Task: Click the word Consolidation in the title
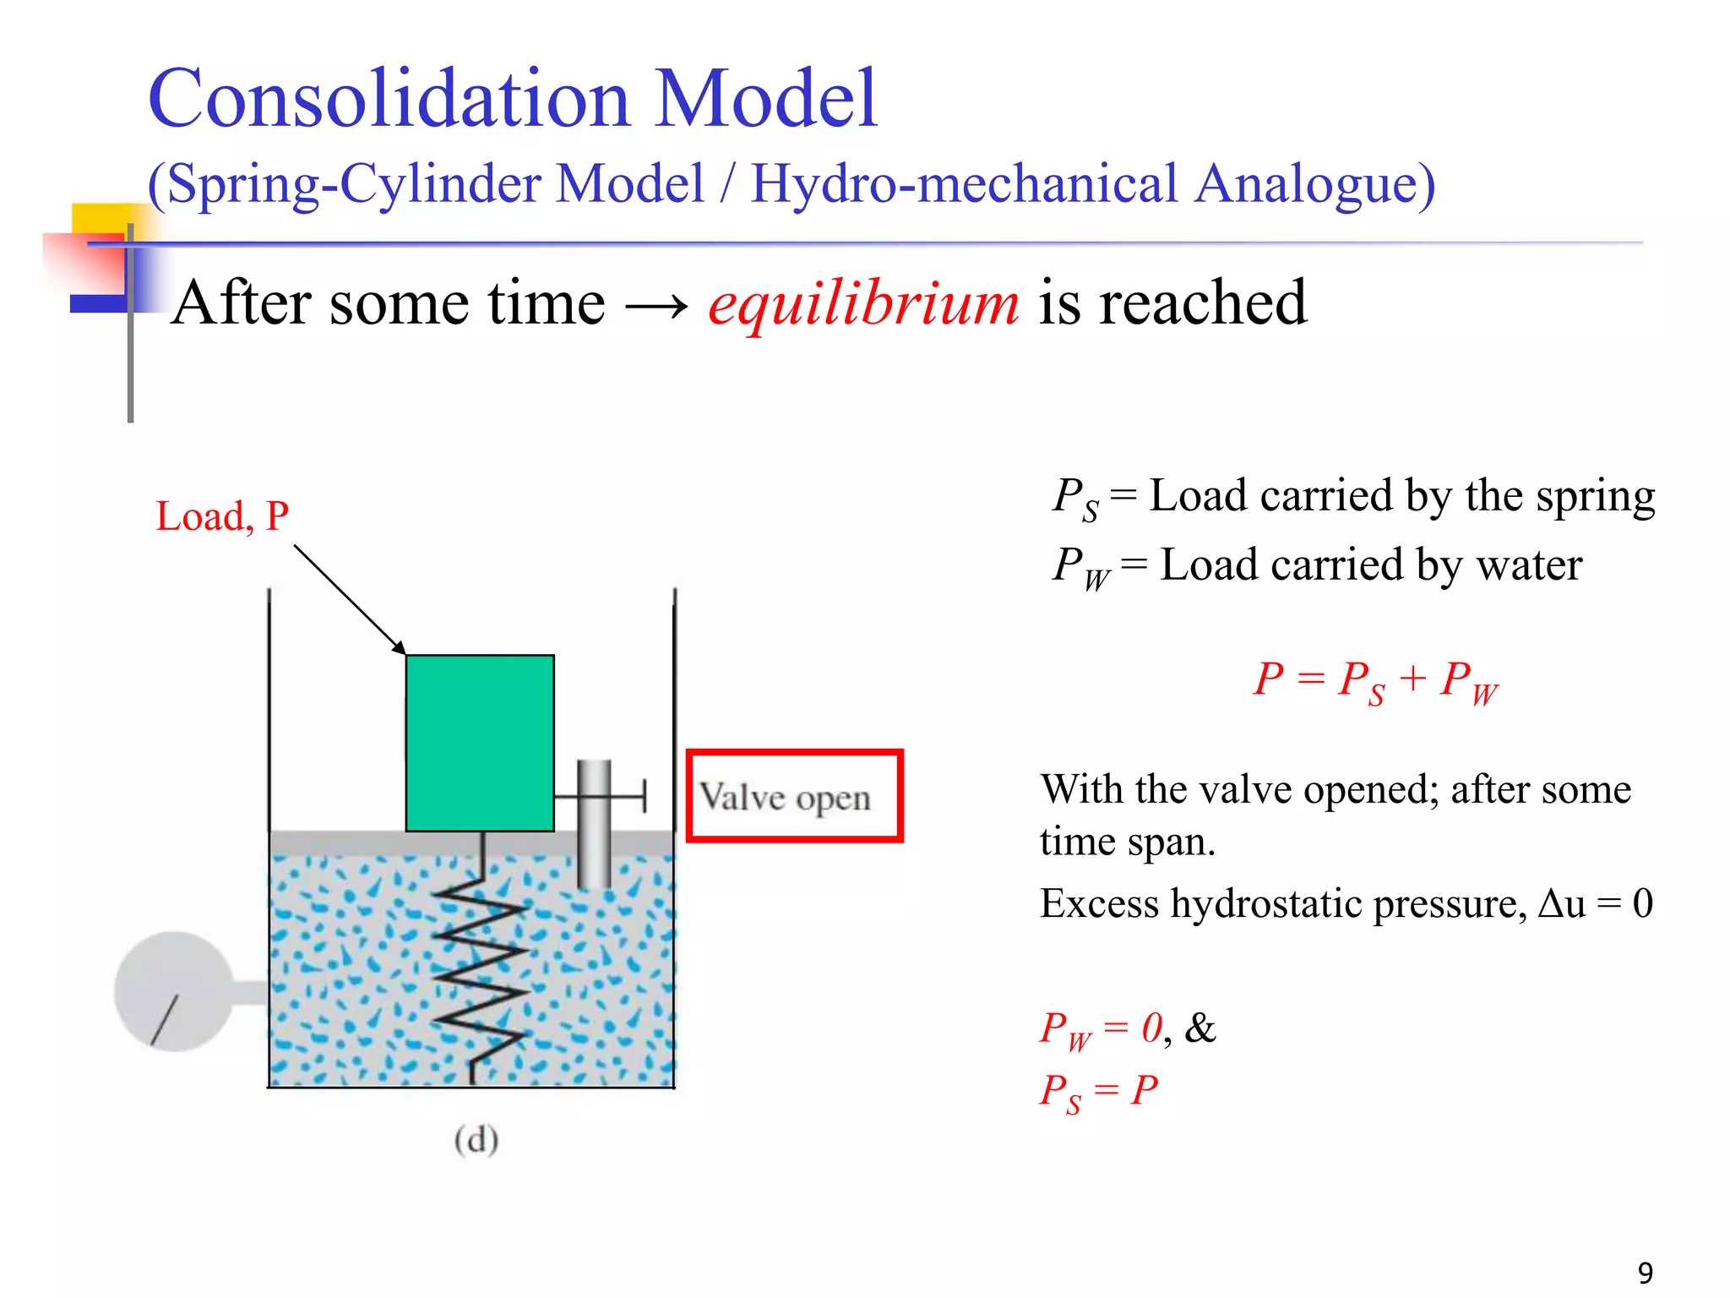(389, 100)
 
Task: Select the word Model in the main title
(766, 100)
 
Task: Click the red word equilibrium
(863, 304)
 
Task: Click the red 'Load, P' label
(222, 516)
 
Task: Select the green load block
(480, 743)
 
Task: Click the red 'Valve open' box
(794, 796)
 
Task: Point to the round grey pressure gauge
(174, 991)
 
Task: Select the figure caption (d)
(476, 1140)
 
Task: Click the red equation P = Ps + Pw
(1375, 680)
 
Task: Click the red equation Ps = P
(1097, 1092)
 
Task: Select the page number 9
(1646, 1273)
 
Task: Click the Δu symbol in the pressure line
(1562, 903)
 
